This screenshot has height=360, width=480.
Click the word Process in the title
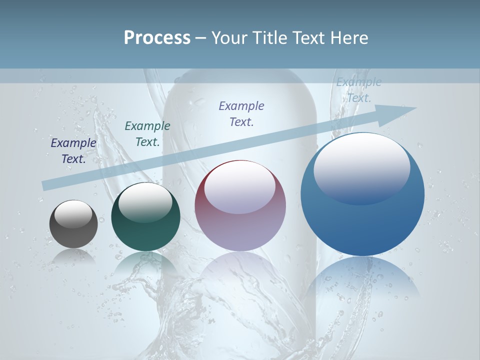(157, 38)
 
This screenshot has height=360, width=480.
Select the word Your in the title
(230, 38)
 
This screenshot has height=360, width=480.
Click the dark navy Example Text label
(73, 150)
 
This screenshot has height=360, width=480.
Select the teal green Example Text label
(147, 133)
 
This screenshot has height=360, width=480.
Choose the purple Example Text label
(241, 113)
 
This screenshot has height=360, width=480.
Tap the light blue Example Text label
(358, 90)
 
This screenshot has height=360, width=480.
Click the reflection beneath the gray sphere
(73, 255)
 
